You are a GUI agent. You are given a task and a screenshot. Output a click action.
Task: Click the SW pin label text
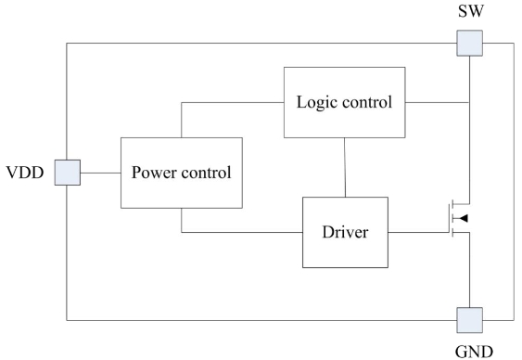click(471, 11)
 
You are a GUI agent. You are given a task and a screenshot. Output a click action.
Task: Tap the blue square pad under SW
click(469, 43)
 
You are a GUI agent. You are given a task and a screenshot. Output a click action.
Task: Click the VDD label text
click(25, 173)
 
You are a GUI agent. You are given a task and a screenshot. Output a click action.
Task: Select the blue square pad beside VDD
click(68, 173)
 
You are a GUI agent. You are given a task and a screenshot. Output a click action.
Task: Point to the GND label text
click(474, 352)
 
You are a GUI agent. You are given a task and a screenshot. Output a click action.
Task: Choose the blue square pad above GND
click(469, 320)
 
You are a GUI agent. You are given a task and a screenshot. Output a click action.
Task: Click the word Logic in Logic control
click(316, 103)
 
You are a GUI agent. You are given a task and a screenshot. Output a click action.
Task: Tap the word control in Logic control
click(367, 102)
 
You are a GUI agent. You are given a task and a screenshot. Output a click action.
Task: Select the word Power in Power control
click(154, 173)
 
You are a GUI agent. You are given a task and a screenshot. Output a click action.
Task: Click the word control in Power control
click(206, 173)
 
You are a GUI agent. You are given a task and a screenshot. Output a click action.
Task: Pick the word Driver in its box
click(345, 232)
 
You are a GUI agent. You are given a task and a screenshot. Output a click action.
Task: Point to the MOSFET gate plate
click(449, 218)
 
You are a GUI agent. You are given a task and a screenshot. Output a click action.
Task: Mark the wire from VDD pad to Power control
click(100, 173)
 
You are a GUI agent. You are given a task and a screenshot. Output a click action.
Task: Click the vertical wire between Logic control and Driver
click(345, 168)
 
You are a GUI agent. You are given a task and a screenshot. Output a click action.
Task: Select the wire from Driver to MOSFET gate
click(418, 232)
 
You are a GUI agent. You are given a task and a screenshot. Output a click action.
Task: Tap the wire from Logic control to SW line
click(437, 102)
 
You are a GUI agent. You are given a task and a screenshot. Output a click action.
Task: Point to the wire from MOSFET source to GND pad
click(469, 270)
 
